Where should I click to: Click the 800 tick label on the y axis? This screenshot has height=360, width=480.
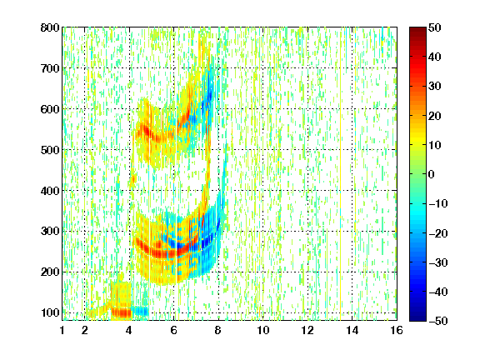(50, 27)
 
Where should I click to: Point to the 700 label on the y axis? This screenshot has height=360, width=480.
(50, 68)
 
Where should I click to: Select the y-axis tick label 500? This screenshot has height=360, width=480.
(50, 150)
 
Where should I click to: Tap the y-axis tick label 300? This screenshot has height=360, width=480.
(50, 232)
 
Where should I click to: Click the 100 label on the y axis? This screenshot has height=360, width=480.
(50, 312)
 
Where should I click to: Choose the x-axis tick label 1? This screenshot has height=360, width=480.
(62, 330)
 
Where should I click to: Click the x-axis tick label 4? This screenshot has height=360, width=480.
(129, 330)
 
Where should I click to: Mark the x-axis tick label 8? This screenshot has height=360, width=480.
(217, 330)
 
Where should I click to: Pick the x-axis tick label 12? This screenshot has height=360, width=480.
(307, 330)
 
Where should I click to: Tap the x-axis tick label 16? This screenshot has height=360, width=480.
(397, 330)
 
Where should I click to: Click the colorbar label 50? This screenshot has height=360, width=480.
(434, 27)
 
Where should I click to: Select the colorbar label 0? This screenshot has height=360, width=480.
(431, 174)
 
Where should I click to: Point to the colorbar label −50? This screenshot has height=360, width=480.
(438, 321)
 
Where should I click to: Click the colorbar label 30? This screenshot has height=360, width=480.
(434, 87)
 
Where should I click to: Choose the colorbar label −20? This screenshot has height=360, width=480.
(438, 233)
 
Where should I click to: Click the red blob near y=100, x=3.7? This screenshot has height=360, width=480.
(122, 312)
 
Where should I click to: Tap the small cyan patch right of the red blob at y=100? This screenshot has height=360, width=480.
(141, 312)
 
